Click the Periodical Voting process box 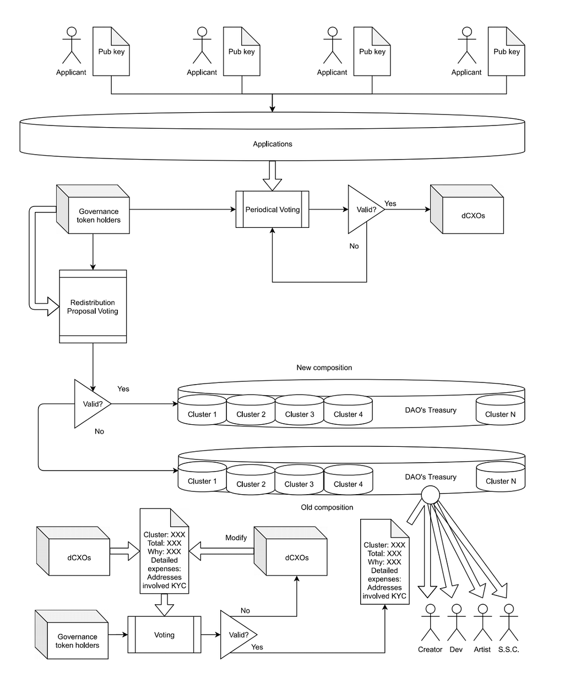(272, 209)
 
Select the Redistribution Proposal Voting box (93, 306)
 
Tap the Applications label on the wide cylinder (272, 144)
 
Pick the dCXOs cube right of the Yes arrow (467, 209)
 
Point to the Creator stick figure (430, 622)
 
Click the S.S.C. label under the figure (508, 649)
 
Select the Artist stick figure (482, 622)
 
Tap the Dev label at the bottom (456, 649)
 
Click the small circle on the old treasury (430, 495)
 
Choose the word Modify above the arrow (236, 537)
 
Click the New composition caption (324, 368)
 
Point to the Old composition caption (327, 507)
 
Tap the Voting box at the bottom (164, 634)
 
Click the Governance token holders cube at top (93, 209)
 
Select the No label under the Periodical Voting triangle (354, 246)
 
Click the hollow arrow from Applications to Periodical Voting (272, 176)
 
